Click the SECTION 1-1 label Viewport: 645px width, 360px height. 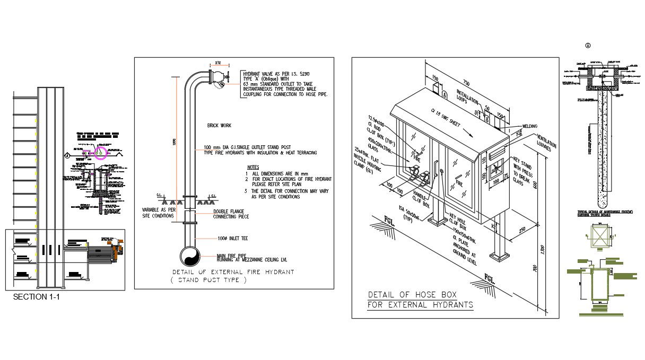click(37, 297)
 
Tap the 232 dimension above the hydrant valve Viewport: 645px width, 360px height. click(218, 62)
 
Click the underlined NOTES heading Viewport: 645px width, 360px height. click(253, 167)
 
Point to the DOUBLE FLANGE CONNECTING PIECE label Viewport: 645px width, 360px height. click(231, 214)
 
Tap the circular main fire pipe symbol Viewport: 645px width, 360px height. click(189, 257)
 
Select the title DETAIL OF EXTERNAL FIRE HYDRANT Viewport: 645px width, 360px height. click(233, 272)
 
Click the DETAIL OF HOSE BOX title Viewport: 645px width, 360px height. click(412, 294)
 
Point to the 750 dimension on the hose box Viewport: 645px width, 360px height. click(466, 83)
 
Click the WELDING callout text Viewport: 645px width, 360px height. click(530, 126)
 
